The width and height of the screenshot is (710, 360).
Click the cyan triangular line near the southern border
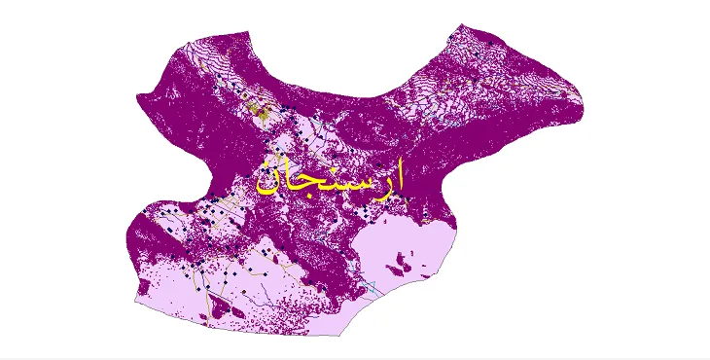coord(371,288)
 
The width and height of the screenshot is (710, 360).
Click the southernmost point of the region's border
coord(340,335)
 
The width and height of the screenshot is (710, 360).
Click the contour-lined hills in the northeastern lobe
coord(515,78)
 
